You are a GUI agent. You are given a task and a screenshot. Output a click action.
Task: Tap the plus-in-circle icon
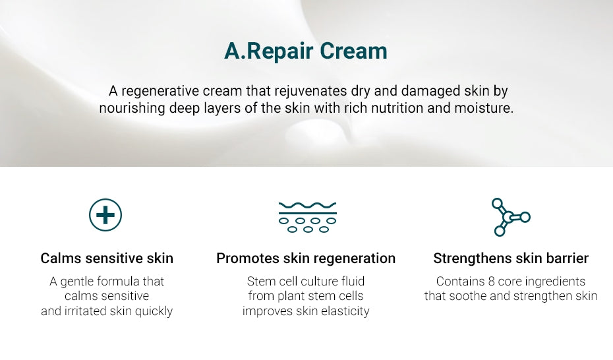(x=105, y=215)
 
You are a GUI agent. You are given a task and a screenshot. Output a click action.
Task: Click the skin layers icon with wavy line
(x=307, y=216)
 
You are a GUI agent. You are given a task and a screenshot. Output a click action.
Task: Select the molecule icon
(x=510, y=216)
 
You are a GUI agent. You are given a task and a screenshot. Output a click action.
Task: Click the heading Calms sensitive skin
(x=107, y=258)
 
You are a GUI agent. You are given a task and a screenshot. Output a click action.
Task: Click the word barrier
(x=566, y=258)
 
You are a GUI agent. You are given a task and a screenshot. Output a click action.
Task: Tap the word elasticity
(x=343, y=311)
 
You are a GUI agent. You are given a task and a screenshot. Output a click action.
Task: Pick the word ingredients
(x=556, y=282)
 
